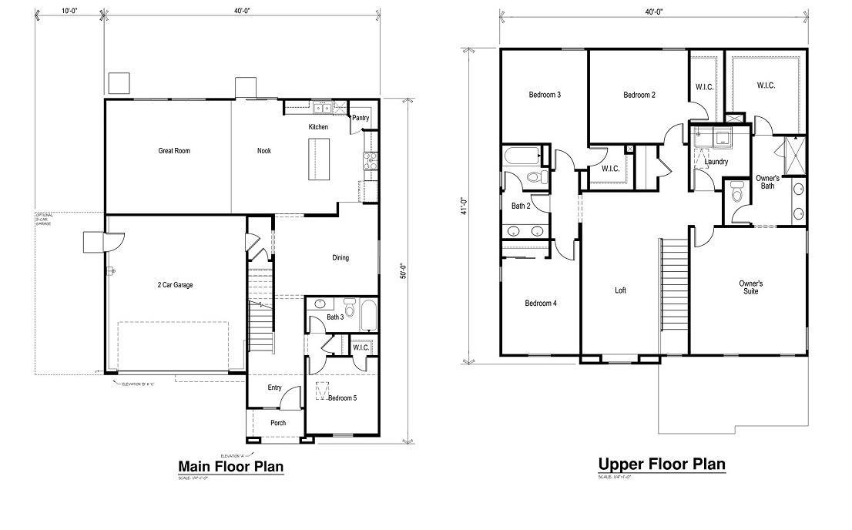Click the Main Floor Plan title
231,466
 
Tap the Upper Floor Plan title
662,464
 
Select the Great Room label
174,151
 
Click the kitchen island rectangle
319,159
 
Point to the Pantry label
361,119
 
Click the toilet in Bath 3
350,308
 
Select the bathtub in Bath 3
368,315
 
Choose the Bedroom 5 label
341,398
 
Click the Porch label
278,423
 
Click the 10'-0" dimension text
69,12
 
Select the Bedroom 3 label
545,95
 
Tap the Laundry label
716,162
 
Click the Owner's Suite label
750,287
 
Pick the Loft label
620,290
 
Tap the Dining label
340,258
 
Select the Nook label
264,151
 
